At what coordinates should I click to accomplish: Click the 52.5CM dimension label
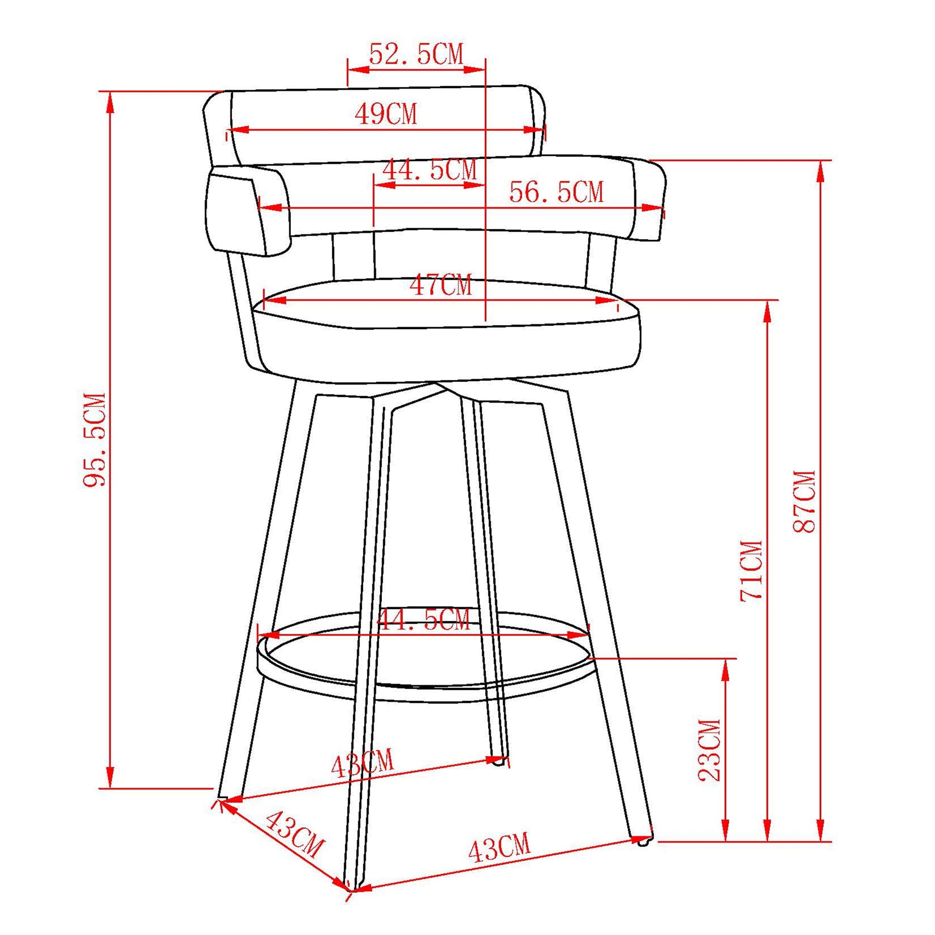[416, 54]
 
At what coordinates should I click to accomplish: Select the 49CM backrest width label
[386, 115]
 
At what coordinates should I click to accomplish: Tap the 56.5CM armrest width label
[556, 193]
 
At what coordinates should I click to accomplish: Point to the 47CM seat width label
[441, 285]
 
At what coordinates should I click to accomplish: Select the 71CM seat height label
[751, 571]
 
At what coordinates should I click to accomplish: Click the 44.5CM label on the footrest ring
[423, 620]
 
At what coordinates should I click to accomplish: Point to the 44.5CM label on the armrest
[430, 170]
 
